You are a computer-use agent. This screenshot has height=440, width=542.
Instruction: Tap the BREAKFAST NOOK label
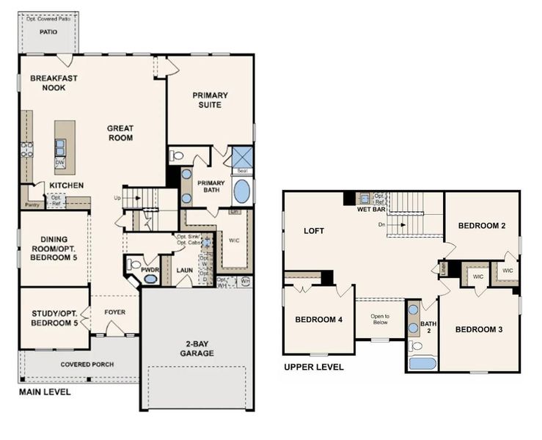(x=54, y=83)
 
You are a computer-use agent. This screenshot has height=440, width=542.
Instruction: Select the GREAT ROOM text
(x=120, y=133)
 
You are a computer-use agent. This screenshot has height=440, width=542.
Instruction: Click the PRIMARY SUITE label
(x=210, y=100)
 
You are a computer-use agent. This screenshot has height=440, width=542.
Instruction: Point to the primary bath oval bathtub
(x=241, y=191)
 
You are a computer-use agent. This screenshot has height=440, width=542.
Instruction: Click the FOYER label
(x=114, y=312)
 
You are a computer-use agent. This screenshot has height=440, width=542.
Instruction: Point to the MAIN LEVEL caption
(x=45, y=392)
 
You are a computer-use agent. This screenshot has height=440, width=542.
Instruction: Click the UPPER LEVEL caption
(x=313, y=367)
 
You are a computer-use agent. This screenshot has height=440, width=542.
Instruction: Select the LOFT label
(x=314, y=231)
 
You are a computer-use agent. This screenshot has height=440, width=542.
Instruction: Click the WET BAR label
(x=372, y=209)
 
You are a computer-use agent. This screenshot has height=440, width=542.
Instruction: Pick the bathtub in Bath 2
(x=422, y=363)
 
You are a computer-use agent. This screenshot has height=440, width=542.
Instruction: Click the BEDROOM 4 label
(x=320, y=320)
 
